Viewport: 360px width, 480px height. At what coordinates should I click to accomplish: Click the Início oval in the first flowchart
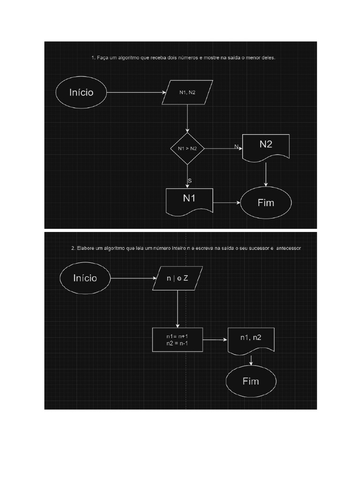coord(81,92)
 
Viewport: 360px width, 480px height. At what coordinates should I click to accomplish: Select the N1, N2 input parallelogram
coord(187,92)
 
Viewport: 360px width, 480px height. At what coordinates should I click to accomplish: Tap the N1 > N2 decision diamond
coord(187,148)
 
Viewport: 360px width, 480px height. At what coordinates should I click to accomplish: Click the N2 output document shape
coord(266,146)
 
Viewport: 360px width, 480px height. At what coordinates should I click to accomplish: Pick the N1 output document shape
coord(189,199)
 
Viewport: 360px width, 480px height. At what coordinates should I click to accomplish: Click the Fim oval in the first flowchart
coord(266,203)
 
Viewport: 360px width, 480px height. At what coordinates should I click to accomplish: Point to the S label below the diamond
coord(189,180)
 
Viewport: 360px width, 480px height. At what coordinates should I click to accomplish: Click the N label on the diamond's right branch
coord(236,146)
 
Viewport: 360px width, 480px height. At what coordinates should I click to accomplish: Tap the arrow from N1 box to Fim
coord(227,203)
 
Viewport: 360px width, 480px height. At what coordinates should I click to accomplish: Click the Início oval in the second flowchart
coord(85,278)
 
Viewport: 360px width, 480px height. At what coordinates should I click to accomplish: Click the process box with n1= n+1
coord(178,340)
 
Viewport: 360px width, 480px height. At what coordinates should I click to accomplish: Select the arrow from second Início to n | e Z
coord(132,278)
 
